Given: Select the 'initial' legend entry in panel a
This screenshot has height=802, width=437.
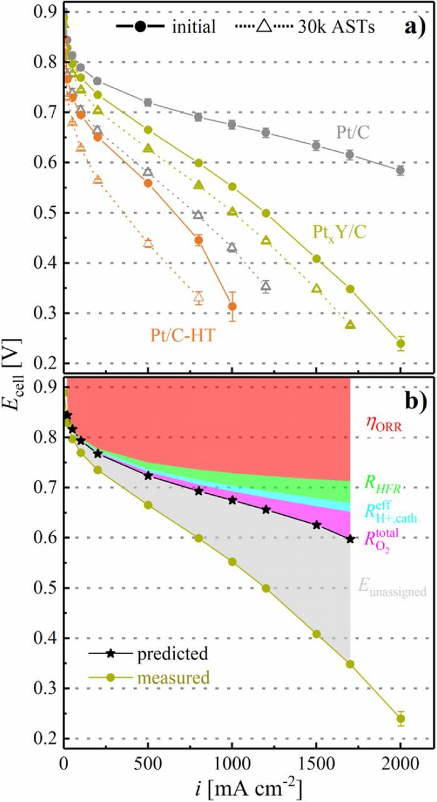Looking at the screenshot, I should pos(167,26).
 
